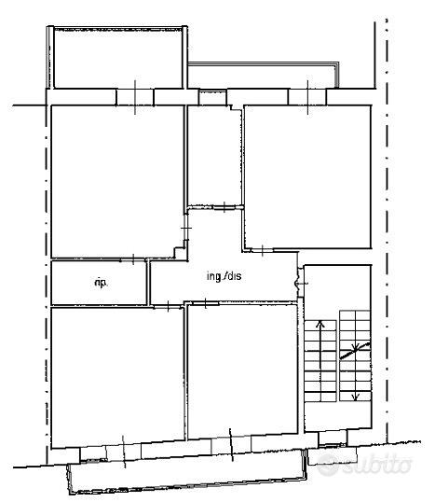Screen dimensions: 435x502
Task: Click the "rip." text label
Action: click(x=101, y=283)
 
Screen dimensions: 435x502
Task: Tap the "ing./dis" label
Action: click(x=224, y=276)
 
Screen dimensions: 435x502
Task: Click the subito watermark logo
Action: click(x=364, y=464)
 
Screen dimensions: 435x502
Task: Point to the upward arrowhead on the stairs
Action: click(x=319, y=324)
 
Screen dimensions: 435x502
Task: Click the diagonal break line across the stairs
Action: click(x=355, y=351)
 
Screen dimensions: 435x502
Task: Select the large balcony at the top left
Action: click(x=118, y=58)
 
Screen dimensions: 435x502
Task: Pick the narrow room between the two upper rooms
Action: click(x=215, y=156)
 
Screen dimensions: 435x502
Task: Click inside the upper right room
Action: click(x=307, y=176)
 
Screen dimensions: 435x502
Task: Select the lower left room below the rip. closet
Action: click(x=117, y=376)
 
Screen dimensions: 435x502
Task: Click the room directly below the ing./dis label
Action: click(x=243, y=371)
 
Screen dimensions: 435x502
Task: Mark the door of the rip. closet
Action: click(x=133, y=259)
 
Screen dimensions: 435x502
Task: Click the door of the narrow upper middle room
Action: click(x=224, y=207)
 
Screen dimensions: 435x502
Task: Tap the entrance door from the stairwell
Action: click(x=300, y=283)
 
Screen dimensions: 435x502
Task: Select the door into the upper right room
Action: click(x=263, y=250)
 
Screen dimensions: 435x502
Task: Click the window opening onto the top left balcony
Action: click(x=135, y=97)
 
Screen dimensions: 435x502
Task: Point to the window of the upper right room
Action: click(x=307, y=97)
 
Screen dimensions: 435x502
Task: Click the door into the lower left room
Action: click(x=168, y=306)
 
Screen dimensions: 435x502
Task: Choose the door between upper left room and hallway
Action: click(x=185, y=228)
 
